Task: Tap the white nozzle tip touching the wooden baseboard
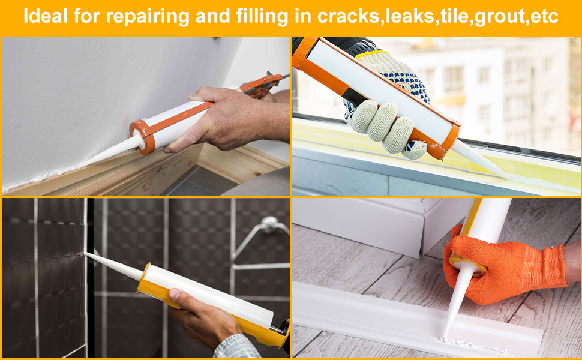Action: coord(90,163)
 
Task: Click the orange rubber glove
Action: coord(510,267)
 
